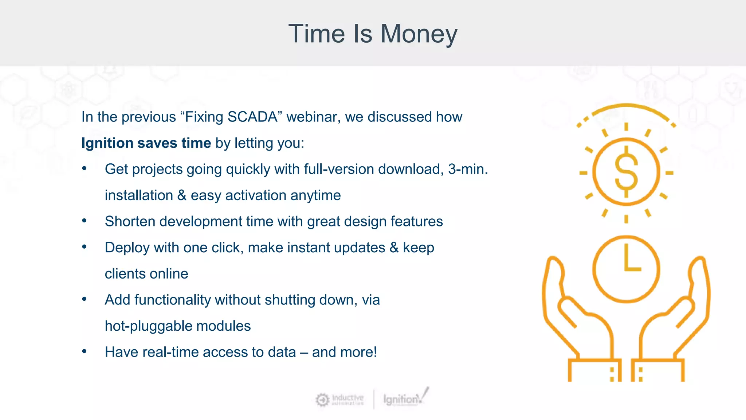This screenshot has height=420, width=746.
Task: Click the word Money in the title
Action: (419, 34)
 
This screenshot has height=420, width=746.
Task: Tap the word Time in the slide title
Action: (316, 34)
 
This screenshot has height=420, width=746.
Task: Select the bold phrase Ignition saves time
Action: (146, 143)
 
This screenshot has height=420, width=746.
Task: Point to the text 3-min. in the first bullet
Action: (468, 169)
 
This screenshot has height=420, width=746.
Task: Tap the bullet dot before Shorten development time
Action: (85, 221)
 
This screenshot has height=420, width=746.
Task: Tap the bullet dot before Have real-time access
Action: (85, 351)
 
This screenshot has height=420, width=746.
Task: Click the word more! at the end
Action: (359, 352)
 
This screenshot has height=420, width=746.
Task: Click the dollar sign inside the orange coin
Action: (626, 171)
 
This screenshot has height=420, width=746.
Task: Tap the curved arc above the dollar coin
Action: (627, 106)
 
